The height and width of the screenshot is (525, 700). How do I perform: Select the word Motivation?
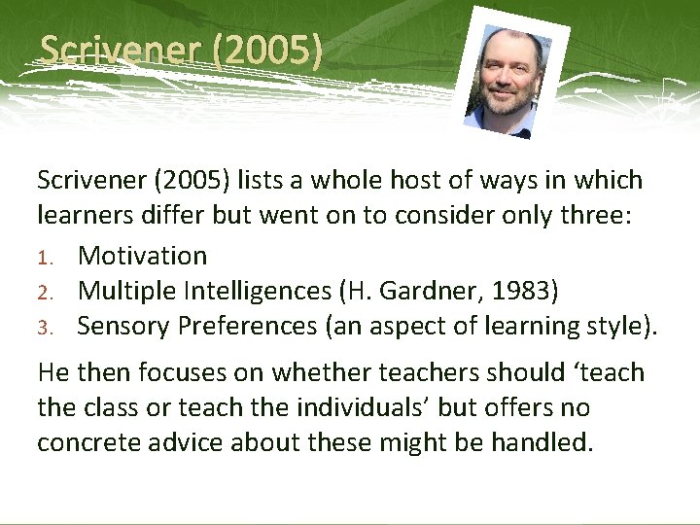pos(142,256)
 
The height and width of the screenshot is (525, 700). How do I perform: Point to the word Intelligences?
pos(238,291)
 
